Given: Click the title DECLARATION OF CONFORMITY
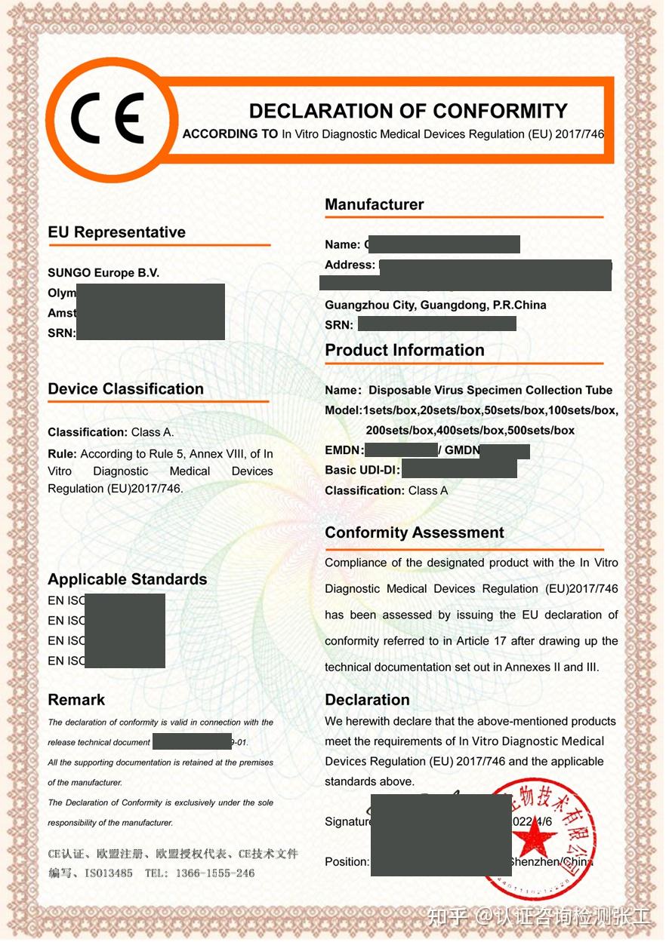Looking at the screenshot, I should [408, 112].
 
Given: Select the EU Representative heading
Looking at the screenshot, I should [116, 232].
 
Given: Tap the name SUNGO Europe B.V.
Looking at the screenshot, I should [103, 273].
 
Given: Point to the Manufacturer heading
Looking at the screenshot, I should [374, 204].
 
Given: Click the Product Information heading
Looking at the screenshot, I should [404, 350].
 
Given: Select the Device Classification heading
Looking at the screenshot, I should [125, 389].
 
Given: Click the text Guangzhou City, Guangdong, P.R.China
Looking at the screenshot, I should [435, 305].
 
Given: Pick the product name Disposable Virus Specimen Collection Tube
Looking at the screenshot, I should [490, 390].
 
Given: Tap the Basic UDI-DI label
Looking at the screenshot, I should [362, 470].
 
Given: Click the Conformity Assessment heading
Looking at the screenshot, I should [414, 532].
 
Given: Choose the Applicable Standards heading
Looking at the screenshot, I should [127, 579].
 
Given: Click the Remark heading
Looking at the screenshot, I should [76, 700].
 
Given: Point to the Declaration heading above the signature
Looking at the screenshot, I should [367, 700].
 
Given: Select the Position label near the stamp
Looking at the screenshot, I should [347, 862].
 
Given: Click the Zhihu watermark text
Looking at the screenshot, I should [538, 917].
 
